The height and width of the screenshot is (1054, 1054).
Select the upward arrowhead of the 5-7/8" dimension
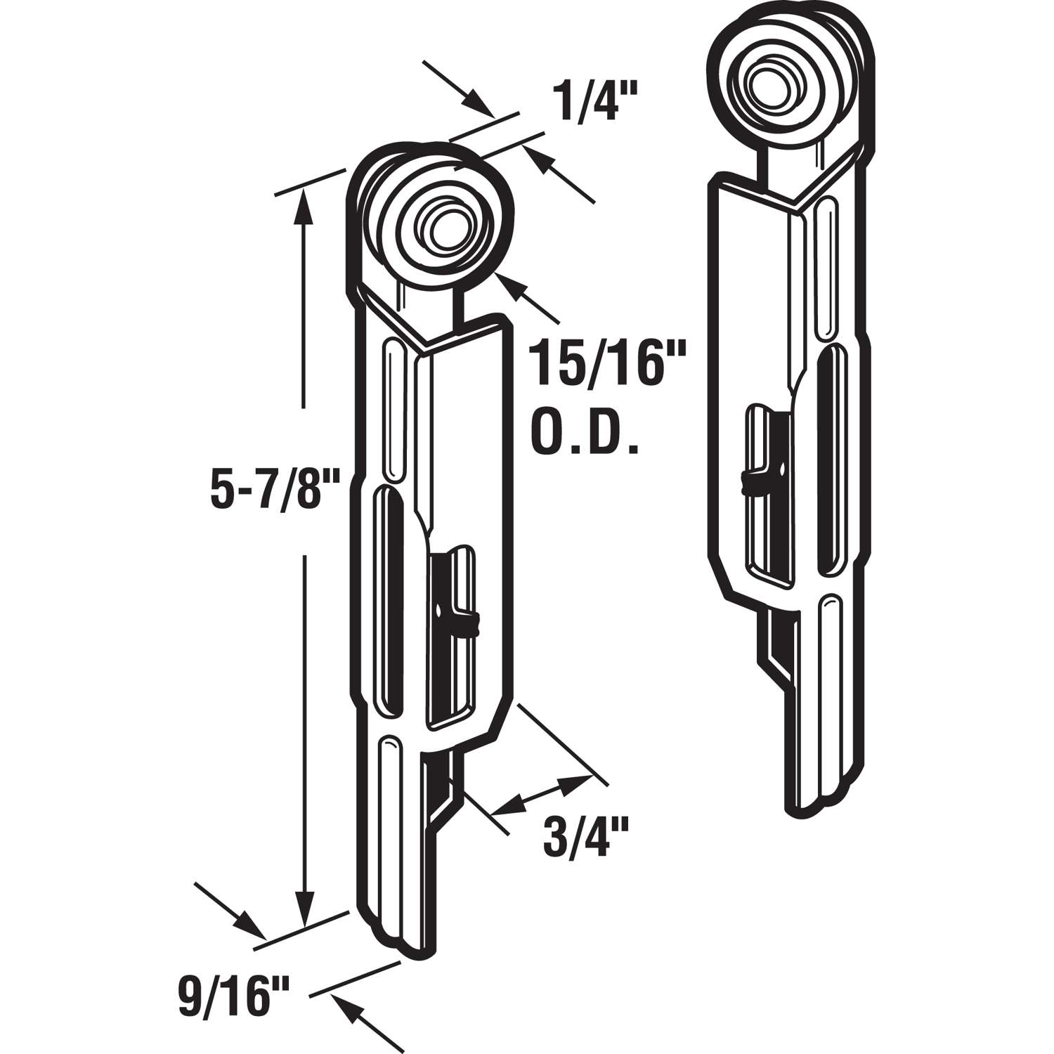(304, 204)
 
